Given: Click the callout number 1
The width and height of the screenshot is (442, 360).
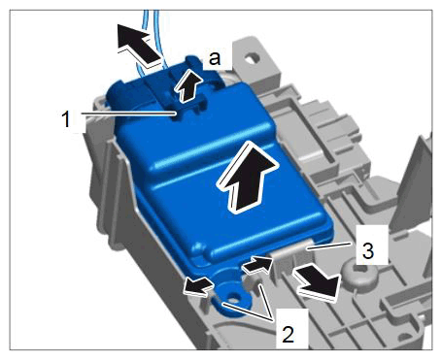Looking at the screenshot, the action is (66, 118).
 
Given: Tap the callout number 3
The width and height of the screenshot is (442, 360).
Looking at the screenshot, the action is (368, 251).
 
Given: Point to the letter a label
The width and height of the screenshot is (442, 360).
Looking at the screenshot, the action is (215, 58).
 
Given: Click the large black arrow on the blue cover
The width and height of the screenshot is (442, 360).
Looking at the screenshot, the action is (248, 177).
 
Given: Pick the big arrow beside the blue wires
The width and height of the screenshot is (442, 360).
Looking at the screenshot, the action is (139, 43).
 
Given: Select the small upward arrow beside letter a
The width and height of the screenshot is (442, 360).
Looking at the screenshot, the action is (187, 85).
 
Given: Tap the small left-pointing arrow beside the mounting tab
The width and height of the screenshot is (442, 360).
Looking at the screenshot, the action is (197, 286).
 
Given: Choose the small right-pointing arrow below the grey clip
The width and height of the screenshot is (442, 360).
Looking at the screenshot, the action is (257, 265).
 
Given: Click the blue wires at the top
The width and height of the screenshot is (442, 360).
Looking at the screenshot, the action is (151, 39).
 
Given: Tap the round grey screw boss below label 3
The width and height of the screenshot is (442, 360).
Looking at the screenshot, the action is (358, 274).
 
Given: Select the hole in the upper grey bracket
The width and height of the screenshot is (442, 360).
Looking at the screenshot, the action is (253, 58).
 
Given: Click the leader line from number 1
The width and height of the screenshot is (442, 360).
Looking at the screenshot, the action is (129, 114).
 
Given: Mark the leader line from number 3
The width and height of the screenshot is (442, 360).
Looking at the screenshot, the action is (329, 245).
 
